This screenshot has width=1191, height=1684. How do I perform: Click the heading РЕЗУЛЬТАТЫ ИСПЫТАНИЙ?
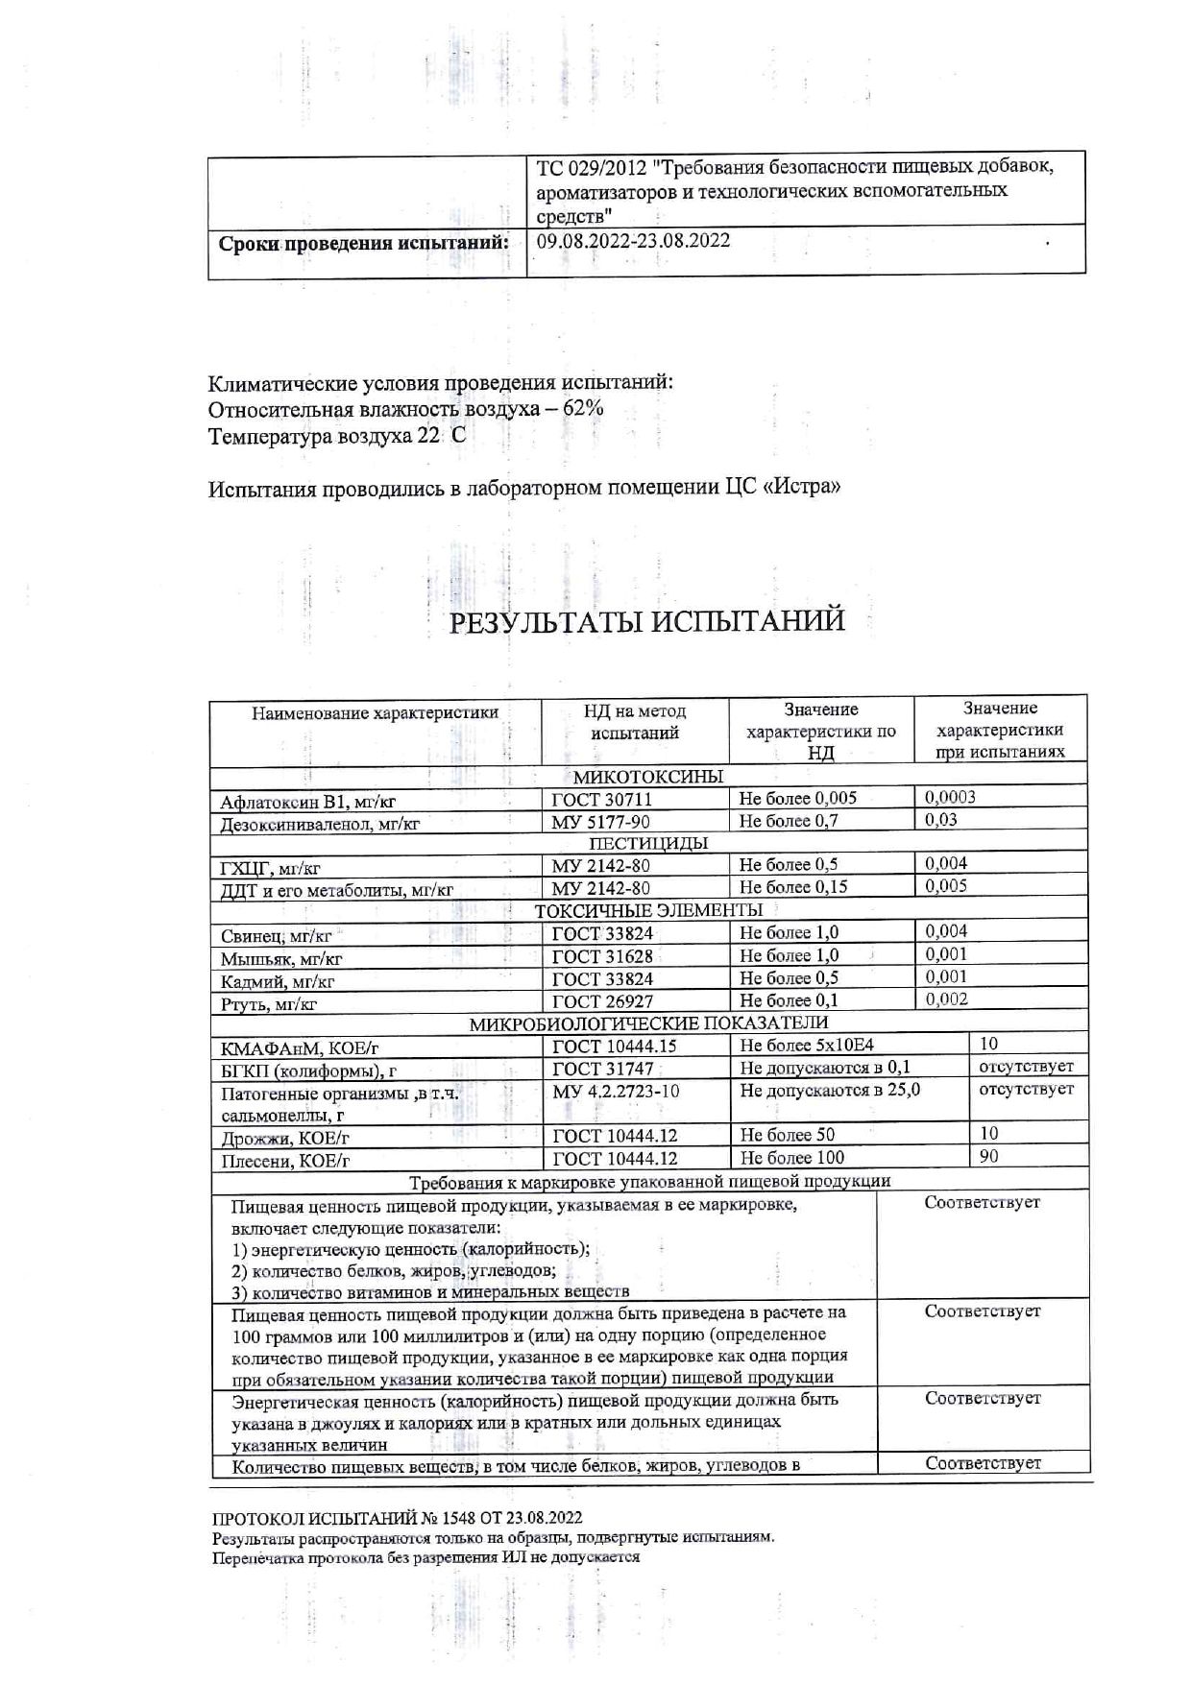tap(647, 621)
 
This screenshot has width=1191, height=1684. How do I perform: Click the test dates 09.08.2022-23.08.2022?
tap(633, 240)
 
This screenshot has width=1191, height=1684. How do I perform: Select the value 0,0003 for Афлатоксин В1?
tap(950, 797)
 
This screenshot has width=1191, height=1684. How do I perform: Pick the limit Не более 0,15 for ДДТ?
tap(793, 887)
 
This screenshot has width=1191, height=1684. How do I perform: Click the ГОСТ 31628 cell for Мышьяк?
tap(602, 956)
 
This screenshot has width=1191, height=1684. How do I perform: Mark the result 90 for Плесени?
tap(988, 1156)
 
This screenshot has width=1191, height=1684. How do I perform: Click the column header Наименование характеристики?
tap(375, 712)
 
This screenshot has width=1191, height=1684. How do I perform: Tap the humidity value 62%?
tap(583, 408)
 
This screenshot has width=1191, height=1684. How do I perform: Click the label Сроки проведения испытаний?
tap(364, 243)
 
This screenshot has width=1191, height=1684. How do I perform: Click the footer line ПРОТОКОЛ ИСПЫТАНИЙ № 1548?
tap(397, 1518)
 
